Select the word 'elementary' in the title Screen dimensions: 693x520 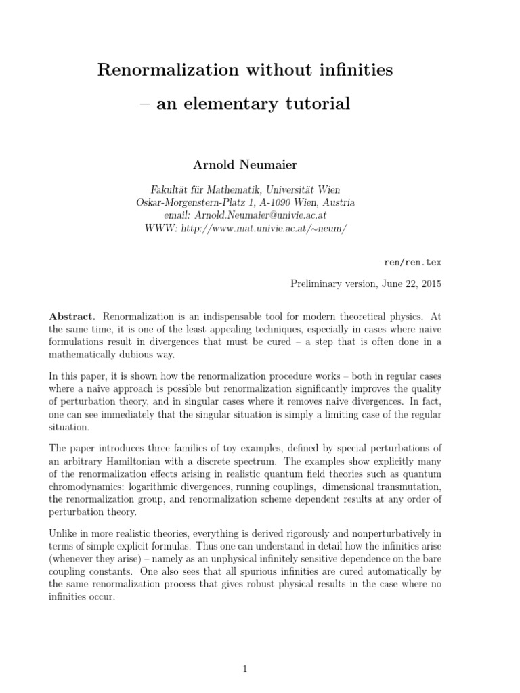[246, 104]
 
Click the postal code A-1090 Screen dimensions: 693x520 [280, 202]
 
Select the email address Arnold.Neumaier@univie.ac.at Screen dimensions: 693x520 [261, 215]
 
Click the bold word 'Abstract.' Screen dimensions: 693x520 [72, 316]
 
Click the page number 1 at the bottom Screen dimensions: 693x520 [245, 650]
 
